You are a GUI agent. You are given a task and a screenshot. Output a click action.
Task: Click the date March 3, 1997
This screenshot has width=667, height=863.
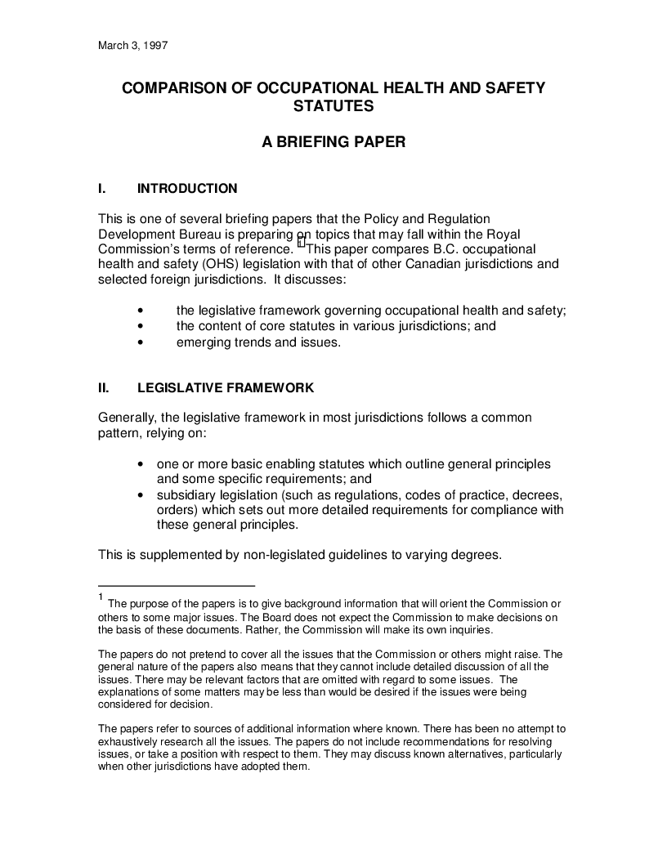pos(132,46)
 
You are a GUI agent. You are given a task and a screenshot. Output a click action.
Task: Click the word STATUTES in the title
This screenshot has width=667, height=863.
pos(333,106)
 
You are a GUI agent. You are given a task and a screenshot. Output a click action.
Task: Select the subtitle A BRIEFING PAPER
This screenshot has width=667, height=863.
pos(333,142)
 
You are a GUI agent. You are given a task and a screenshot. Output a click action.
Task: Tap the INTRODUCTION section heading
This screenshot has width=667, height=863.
pos(187,189)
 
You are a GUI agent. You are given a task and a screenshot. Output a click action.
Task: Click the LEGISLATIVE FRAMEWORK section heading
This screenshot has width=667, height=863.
pos(226,387)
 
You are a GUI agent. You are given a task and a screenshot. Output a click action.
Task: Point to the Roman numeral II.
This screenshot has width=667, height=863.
pos(104,387)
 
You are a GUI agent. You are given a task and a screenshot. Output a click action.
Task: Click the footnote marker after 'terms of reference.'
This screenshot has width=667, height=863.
pos(301,242)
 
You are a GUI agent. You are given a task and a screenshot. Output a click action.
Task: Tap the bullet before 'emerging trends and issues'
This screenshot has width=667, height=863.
pos(143,342)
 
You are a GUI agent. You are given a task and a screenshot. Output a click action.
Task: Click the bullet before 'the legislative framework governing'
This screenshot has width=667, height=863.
pos(143,310)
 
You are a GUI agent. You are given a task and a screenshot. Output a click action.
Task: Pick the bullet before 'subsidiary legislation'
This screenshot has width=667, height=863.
pos(143,495)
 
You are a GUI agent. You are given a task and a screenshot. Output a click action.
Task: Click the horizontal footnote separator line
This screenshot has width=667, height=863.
pos(177,585)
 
